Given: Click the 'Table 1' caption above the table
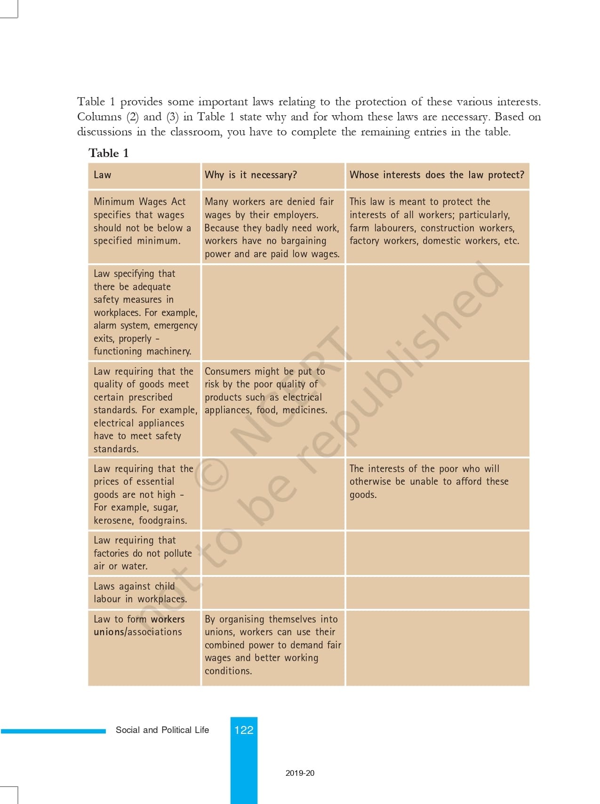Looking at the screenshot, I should coord(108,153).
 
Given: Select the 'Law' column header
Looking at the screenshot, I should coord(102,175).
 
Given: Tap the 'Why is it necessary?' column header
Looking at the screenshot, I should coord(250,175).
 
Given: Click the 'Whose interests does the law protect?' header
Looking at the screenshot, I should coord(436,175).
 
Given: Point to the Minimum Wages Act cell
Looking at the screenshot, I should coord(142,221).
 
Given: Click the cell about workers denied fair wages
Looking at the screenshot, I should coord(272,228).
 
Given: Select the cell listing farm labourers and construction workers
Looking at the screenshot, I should coord(434,221).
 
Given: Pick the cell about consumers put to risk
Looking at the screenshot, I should coord(265,390).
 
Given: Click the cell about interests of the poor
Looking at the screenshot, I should coord(428,481).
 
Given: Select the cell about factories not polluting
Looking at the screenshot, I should coord(142,553).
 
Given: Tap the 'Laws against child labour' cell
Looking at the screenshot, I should coord(140,592).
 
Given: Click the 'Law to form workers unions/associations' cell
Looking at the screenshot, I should coord(139,625).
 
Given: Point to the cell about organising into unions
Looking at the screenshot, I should coord(272,645).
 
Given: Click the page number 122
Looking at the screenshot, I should coord(244,730).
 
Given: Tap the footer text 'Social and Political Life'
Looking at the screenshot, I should coord(162,730).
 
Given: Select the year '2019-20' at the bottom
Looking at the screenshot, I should coord(300,773).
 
